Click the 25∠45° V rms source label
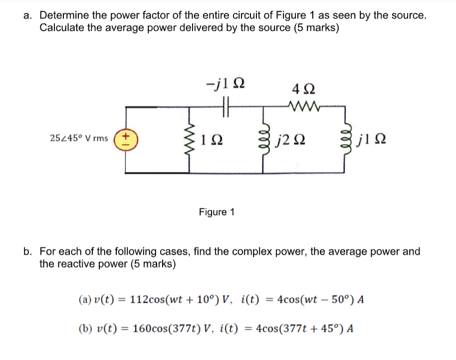(x=79, y=138)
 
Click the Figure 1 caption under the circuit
(x=217, y=212)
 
